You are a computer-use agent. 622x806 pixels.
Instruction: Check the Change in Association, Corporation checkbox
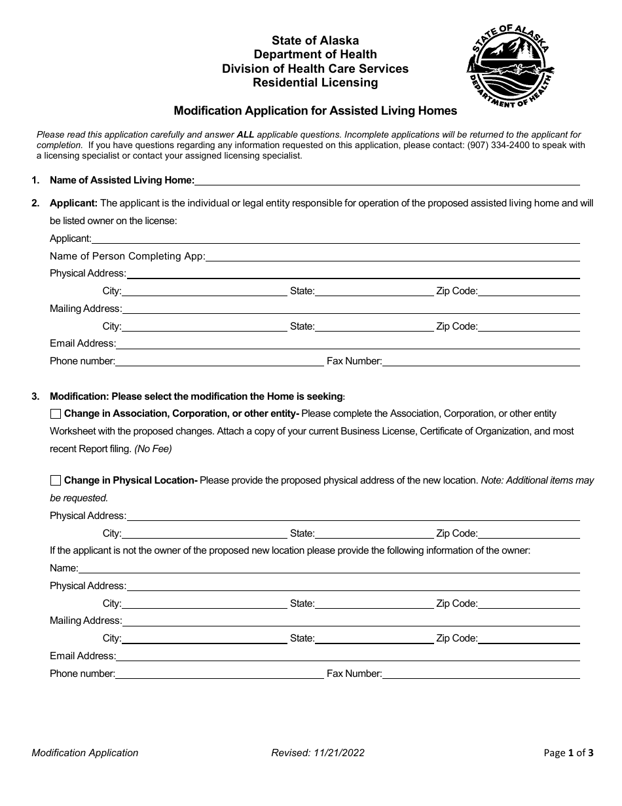coord(56,413)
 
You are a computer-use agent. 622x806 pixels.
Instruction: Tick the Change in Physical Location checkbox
coord(56,480)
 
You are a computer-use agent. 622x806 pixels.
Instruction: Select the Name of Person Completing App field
coord(393,256)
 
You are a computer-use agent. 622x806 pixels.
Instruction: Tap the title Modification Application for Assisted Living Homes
coord(315,111)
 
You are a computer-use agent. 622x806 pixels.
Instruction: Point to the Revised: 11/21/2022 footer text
coord(318,753)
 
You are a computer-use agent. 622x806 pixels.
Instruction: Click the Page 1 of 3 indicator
coord(568,753)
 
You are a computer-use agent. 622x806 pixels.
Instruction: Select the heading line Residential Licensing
coord(315,83)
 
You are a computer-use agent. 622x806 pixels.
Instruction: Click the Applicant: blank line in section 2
coord(335,239)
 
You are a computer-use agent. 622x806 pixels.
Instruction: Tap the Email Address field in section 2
coord(347,343)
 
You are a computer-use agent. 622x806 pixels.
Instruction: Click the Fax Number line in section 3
coord(481,674)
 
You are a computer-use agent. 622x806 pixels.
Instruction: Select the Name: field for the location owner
coord(329,568)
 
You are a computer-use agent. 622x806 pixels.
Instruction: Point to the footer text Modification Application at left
coord(85,753)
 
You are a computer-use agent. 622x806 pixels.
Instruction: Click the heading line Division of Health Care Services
coord(315,68)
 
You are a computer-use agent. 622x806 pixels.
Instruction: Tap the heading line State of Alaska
coord(315,41)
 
